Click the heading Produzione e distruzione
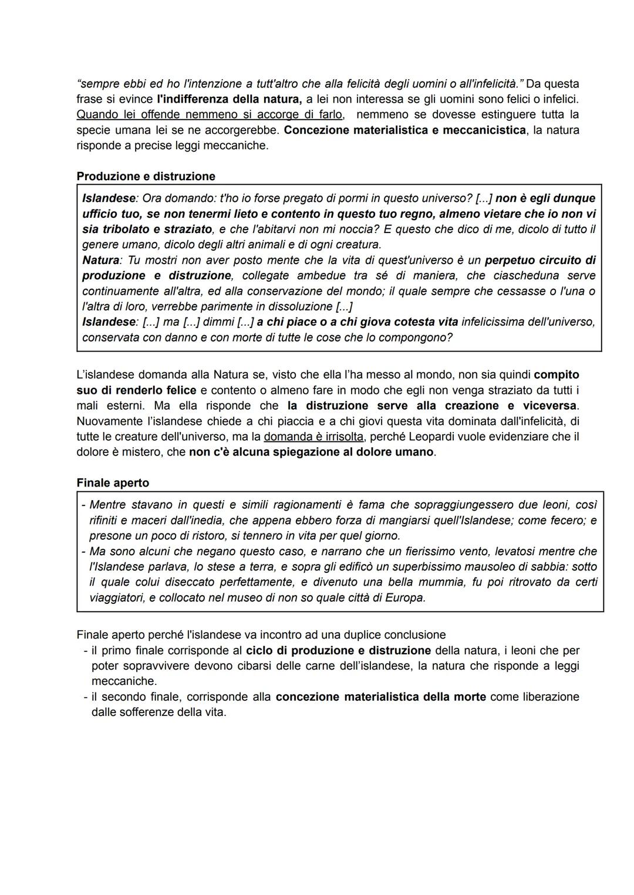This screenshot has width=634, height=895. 146,177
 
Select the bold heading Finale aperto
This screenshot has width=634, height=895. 113,483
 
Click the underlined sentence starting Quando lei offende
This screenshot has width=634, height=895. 210,114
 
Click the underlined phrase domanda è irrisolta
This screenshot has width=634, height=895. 313,437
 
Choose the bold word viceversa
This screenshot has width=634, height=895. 548,406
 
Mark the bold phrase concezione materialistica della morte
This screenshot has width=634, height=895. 380,697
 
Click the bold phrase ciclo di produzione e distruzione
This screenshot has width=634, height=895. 338,650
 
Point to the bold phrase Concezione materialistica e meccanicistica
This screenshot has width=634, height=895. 404,130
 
